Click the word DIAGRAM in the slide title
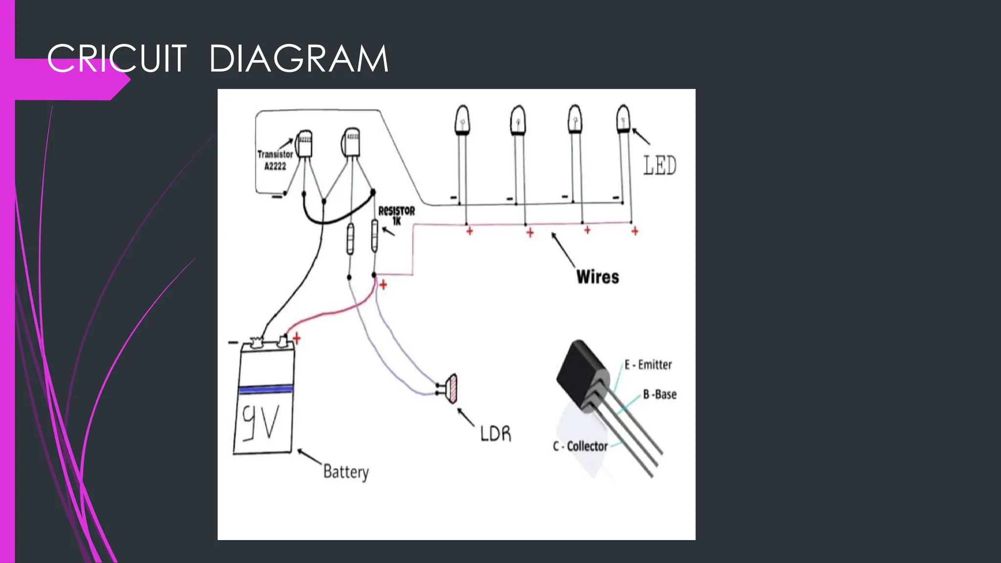tap(299, 59)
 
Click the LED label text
tap(659, 165)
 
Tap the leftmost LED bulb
tap(462, 120)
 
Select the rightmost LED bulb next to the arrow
tap(623, 118)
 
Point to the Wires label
tap(597, 277)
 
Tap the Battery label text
tap(346, 472)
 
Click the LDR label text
tap(495, 433)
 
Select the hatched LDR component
tap(453, 389)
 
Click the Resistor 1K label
tap(396, 216)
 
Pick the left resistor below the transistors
tap(350, 239)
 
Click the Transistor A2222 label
tap(275, 160)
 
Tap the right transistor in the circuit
tap(351, 143)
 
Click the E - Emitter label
tap(648, 365)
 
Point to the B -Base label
tap(659, 394)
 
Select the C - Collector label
tap(580, 446)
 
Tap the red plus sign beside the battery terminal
tap(297, 338)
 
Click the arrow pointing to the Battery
tap(309, 456)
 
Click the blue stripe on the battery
tap(265, 390)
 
